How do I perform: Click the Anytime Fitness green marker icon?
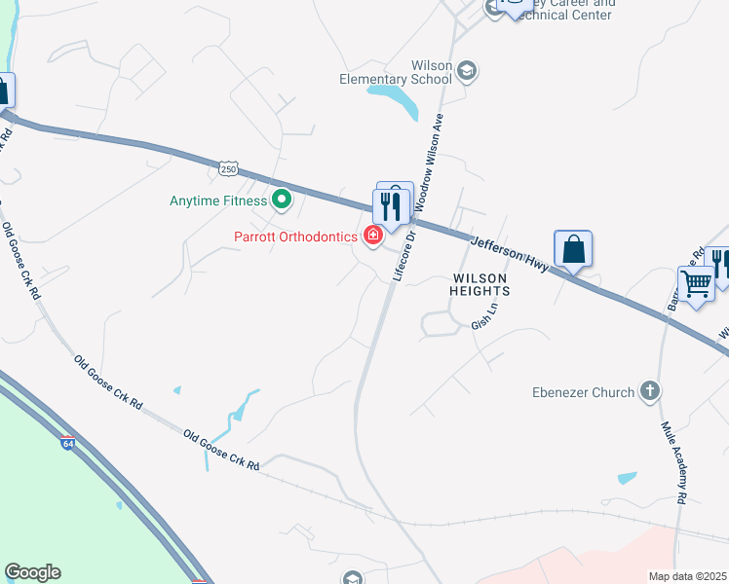(282, 201)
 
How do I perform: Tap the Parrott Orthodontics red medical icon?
(372, 236)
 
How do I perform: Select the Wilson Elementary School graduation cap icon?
(467, 69)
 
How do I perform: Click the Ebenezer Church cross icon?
(650, 392)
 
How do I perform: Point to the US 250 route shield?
(228, 169)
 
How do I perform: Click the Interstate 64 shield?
(67, 444)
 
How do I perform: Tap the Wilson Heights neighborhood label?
(480, 284)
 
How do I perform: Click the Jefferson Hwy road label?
(511, 253)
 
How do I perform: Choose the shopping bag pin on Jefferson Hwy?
(573, 248)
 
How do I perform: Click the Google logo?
(32, 572)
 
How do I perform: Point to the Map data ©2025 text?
(687, 576)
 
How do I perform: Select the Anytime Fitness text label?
(218, 201)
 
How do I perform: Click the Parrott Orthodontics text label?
(296, 237)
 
